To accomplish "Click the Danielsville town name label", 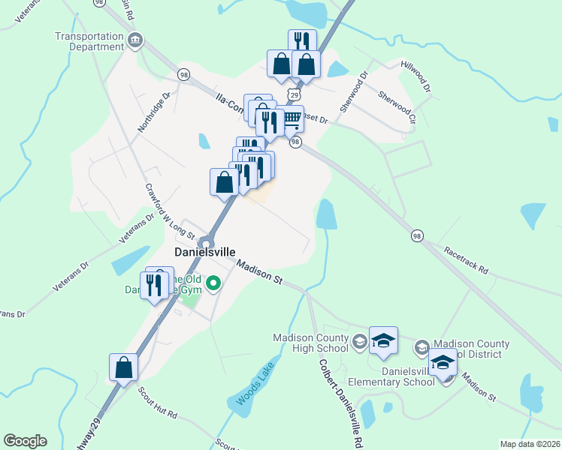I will pos(206,253).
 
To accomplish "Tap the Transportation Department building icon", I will pos(135,40).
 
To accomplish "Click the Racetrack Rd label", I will pos(466,259).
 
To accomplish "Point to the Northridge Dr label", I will pos(154,112).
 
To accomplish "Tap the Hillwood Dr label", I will pos(416,77).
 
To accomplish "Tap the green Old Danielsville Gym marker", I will pos(213,283).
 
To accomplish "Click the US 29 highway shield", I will pos(295,95).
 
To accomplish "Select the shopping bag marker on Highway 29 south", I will pos(123,367).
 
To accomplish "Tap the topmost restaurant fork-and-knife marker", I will pos(302,43).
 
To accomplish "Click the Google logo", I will pos(25,441).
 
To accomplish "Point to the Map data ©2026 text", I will pos(529,444).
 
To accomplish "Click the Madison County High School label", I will pos(311,342).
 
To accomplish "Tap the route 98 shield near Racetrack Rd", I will pos(417,235).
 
